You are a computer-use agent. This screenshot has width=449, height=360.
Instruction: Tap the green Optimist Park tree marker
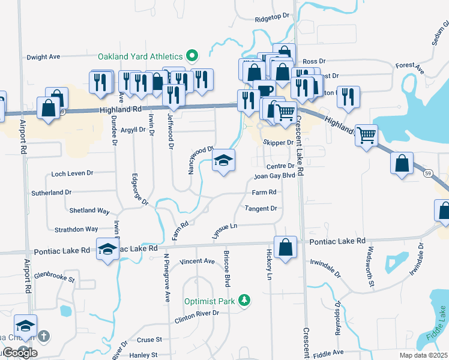pyautogui.click(x=244, y=299)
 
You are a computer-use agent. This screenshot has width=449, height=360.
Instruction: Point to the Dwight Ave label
pyautogui.click(x=44, y=57)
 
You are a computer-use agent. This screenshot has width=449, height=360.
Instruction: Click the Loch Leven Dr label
pyautogui.click(x=73, y=173)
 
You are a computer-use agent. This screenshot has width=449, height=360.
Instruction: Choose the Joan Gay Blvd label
pyautogui.click(x=274, y=176)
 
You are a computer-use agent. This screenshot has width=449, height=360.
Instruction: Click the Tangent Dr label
pyautogui.click(x=261, y=209)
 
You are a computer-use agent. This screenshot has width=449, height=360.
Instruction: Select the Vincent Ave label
pyautogui.click(x=197, y=261)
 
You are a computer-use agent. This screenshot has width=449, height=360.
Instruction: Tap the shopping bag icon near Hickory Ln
pyautogui.click(x=286, y=247)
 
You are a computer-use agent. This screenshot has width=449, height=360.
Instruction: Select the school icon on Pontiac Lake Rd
pyautogui.click(x=107, y=249)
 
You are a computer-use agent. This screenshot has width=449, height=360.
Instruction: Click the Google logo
pyautogui.click(x=19, y=353)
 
